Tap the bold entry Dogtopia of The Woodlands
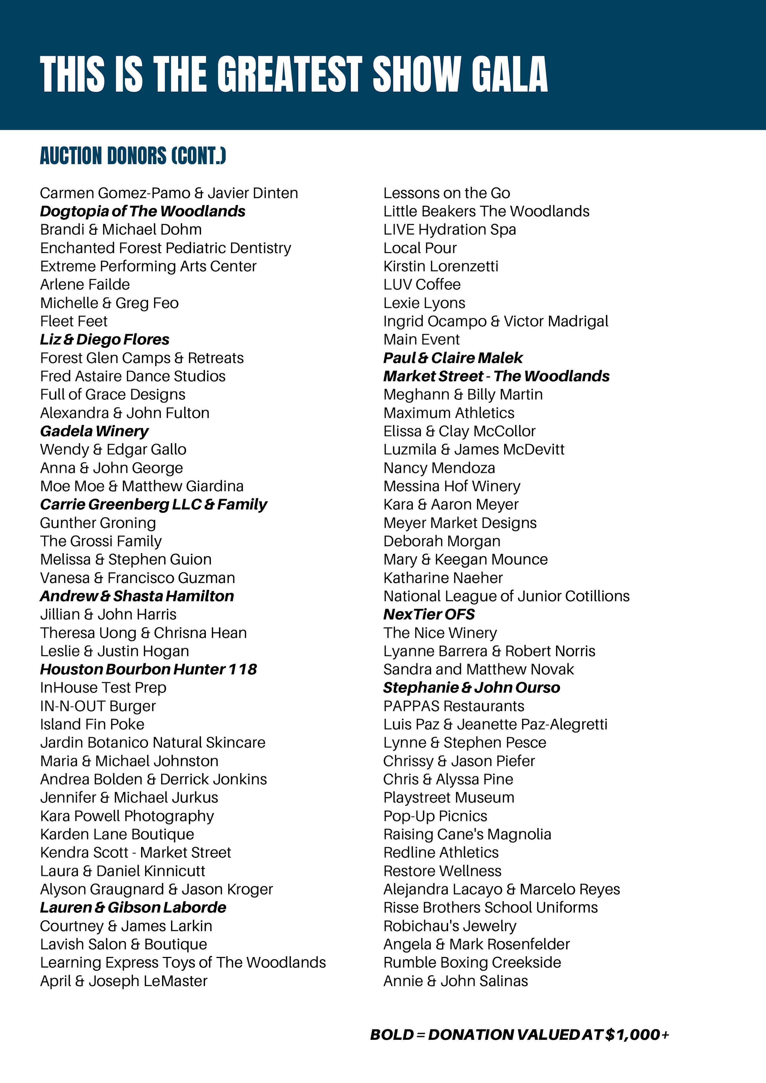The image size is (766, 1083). [143, 211]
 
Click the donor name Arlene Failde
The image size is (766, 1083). [85, 285]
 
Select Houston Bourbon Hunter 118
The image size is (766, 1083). [148, 669]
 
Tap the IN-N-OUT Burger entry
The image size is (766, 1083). [98, 706]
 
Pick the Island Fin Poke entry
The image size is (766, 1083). [92, 724]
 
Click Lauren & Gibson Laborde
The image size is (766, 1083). [133, 907]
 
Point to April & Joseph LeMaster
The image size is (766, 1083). [124, 981]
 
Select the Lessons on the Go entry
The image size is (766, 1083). [446, 193]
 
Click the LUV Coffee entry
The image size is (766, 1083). [422, 285]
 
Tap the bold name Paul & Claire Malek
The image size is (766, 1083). [453, 358]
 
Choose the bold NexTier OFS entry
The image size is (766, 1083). [429, 614]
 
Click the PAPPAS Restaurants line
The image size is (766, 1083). [454, 706]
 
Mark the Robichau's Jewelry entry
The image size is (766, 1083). [450, 926]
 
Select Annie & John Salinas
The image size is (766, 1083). [455, 981]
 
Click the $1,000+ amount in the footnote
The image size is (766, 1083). [637, 1035]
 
